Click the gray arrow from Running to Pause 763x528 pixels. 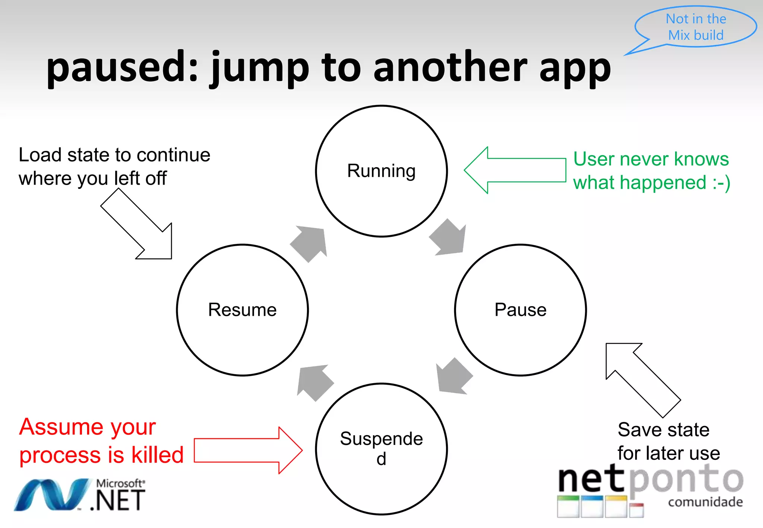pyautogui.click(x=449, y=238)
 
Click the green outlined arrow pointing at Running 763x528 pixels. pyautogui.click(x=514, y=170)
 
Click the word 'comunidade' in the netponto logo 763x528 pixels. pyautogui.click(x=705, y=502)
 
